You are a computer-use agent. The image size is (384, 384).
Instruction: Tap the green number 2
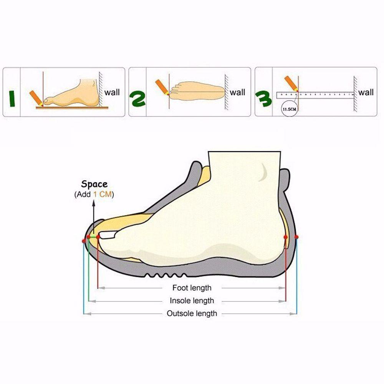click(137, 98)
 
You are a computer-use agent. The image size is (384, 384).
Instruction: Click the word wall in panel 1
click(112, 92)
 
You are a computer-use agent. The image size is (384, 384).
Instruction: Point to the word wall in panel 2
click(238, 92)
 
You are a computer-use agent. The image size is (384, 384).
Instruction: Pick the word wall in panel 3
click(366, 92)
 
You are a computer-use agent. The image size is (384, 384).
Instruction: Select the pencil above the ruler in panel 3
click(291, 83)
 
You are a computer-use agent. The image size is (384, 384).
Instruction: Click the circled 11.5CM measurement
click(289, 109)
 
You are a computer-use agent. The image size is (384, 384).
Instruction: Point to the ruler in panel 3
click(315, 94)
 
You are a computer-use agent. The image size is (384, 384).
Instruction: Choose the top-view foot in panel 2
click(197, 91)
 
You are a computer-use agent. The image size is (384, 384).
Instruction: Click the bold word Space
click(94, 184)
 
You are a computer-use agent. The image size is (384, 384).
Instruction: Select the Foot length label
click(192, 288)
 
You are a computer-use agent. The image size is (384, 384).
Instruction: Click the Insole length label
click(192, 301)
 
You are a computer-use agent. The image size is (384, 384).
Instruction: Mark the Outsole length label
click(192, 313)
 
